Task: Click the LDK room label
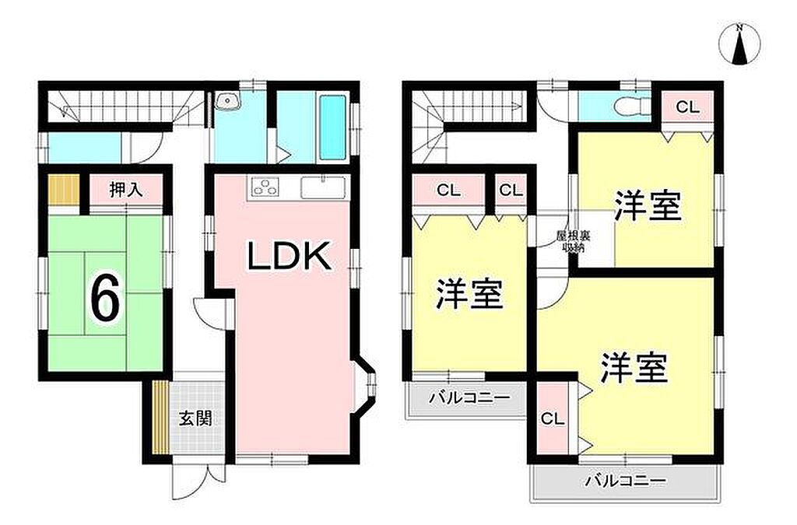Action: tap(289, 256)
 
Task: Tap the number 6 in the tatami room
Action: tap(105, 299)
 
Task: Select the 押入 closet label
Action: tap(126, 190)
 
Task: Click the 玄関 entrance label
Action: tap(195, 419)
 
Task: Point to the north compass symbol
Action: tap(740, 44)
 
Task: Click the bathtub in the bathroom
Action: tap(333, 127)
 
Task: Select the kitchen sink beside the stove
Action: tap(323, 187)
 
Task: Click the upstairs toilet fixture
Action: tap(631, 107)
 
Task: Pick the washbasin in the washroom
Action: tap(226, 102)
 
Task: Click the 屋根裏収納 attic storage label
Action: tap(573, 242)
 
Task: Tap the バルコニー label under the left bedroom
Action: tap(469, 397)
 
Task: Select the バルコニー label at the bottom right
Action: tap(625, 481)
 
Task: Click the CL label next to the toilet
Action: tap(687, 107)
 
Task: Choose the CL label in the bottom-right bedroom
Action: tap(553, 419)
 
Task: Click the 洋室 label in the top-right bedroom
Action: tap(648, 205)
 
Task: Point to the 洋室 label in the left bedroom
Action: tap(469, 294)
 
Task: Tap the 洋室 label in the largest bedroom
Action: tap(634, 368)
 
